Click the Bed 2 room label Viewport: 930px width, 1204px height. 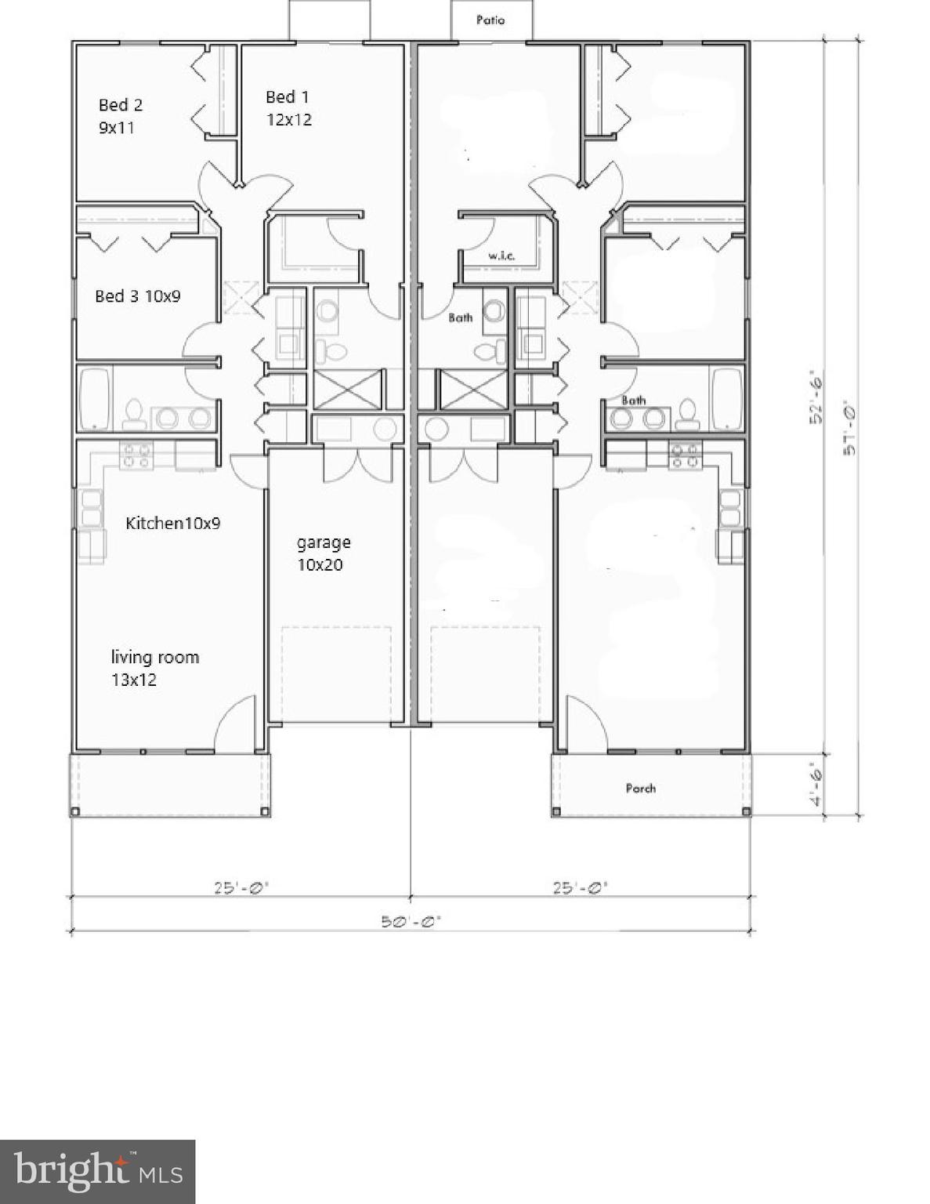120,115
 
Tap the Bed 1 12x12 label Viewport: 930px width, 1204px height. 288,108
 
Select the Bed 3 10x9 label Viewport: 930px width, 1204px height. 137,296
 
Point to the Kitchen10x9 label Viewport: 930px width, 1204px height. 172,523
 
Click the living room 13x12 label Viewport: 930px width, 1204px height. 154,668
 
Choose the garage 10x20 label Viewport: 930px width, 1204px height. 323,553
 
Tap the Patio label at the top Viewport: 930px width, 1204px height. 490,20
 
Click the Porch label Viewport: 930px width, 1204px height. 640,788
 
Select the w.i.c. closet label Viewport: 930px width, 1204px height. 501,256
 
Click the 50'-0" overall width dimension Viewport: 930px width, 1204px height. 411,922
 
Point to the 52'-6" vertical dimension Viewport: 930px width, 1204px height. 816,397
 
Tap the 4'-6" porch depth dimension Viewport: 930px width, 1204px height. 816,785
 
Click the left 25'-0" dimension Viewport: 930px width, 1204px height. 241,888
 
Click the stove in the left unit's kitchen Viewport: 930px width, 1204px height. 136,455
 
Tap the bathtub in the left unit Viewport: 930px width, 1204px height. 95,399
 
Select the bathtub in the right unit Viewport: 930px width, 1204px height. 726,399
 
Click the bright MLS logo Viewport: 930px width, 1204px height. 97,1171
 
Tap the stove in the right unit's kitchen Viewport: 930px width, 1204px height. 686,455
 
